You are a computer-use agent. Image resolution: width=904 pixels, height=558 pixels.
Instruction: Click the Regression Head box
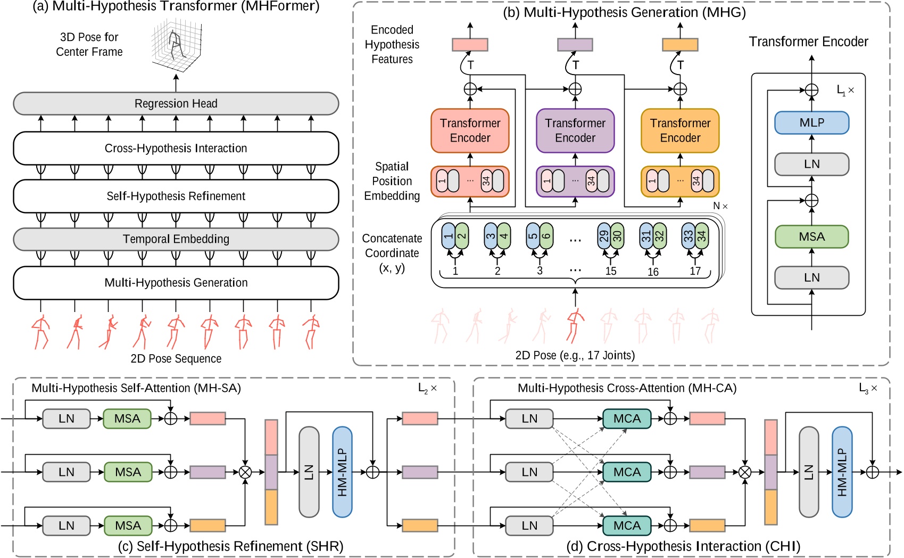176,103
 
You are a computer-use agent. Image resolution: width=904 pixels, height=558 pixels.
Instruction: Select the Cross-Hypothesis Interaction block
176,148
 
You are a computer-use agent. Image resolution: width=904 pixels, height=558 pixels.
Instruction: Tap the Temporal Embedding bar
176,239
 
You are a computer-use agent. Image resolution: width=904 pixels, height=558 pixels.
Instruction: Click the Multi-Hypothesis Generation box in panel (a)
176,283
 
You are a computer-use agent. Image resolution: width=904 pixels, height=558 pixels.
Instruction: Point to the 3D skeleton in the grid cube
175,46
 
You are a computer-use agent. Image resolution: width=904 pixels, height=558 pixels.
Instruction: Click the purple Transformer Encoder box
575,130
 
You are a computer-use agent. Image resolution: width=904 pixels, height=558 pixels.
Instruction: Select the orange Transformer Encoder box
680,130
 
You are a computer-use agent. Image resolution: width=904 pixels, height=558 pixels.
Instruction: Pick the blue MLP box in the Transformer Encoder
811,122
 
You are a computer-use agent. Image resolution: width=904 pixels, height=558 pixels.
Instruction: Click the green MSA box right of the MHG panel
811,236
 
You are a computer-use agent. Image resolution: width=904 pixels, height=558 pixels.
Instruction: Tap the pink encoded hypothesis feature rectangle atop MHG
470,45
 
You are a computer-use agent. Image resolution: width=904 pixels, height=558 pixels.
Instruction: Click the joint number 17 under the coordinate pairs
695,271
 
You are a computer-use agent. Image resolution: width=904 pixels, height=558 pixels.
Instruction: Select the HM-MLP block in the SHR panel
342,472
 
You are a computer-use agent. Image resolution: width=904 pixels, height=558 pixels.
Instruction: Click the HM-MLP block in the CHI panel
842,472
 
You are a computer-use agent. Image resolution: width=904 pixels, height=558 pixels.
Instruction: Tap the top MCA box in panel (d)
627,418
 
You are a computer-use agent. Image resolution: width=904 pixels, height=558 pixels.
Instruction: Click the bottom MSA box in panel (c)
128,526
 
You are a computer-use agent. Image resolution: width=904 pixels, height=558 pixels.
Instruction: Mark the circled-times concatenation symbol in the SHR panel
245,472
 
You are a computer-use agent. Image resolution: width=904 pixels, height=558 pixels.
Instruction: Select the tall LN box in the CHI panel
809,472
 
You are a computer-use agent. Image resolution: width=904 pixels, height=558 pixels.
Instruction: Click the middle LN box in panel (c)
67,472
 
